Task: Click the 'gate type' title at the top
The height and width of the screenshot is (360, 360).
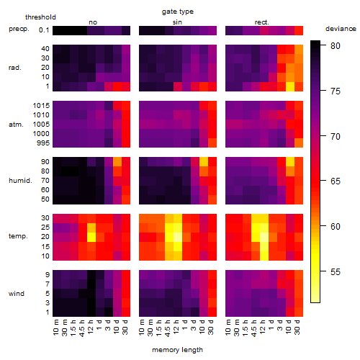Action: coord(178,12)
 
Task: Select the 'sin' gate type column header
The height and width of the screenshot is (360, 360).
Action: coord(177,22)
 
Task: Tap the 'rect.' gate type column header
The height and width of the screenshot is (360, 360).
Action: coord(262,22)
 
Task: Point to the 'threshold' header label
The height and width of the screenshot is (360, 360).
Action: coord(40,17)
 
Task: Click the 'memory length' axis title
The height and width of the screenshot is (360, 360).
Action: coord(177,350)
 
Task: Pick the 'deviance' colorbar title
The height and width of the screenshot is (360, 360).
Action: coord(341,29)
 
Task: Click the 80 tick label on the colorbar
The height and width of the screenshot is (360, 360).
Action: coord(336,45)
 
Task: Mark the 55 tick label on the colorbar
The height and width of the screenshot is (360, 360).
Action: coord(336,272)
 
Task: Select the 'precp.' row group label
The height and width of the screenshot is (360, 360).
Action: coord(19,29)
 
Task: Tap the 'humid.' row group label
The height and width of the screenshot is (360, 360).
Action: coord(20,181)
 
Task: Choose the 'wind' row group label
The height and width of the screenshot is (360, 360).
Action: coord(17,294)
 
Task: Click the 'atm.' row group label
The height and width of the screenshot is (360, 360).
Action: coord(16,125)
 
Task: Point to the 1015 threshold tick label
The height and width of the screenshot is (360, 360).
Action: coord(41,106)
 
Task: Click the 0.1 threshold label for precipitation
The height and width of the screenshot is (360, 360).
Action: coord(44,30)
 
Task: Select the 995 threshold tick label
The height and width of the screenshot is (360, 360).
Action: coord(43,143)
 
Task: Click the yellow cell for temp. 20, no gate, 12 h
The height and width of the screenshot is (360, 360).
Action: coord(91,237)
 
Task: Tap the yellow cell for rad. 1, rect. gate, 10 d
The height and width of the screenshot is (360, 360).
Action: coord(290,86)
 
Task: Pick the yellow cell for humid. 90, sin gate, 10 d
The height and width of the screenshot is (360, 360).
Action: coord(204,162)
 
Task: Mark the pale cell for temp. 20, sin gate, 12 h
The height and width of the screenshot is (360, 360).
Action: coord(178,237)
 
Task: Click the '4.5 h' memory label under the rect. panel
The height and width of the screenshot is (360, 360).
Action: coord(254,328)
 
